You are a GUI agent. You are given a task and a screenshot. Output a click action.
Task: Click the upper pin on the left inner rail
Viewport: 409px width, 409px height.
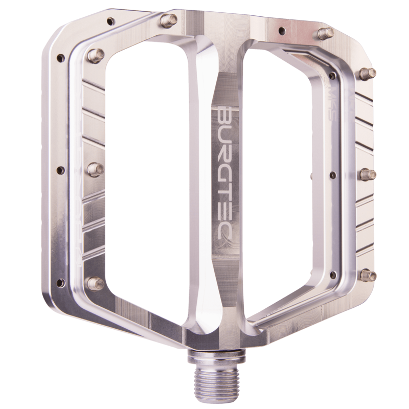coord(96,54)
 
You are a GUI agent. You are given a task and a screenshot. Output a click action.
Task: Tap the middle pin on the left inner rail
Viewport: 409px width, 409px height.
coord(95,168)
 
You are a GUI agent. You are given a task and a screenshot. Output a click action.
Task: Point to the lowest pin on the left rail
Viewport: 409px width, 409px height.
coord(95,283)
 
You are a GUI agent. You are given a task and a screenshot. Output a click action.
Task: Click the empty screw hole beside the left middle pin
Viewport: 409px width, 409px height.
coord(60,170)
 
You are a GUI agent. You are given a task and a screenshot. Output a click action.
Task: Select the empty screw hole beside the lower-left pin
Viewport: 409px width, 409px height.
coord(60,282)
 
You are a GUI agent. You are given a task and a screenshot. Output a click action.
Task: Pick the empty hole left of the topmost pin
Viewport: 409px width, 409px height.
coord(109,22)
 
